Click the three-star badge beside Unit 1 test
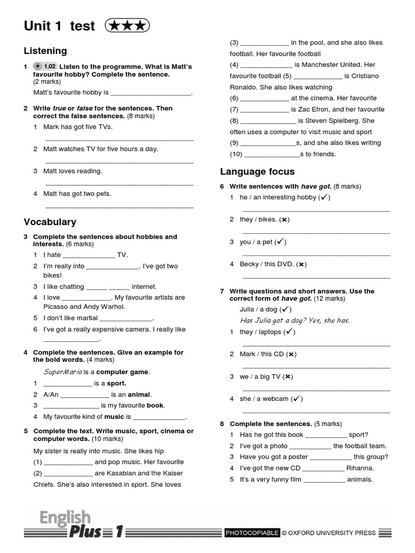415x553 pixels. (x=128, y=25)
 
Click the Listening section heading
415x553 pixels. (x=45, y=51)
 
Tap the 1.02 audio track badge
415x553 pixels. (x=45, y=66)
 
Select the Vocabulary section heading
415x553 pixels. (x=50, y=222)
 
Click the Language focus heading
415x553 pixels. (x=257, y=172)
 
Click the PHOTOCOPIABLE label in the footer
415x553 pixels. (x=252, y=533)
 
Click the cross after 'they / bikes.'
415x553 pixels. (x=285, y=219)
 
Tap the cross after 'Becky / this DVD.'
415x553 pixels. (x=302, y=264)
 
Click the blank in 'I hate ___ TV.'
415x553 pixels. (x=89, y=255)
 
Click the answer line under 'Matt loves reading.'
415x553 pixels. (x=119, y=184)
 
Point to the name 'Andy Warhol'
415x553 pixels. (x=106, y=307)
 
